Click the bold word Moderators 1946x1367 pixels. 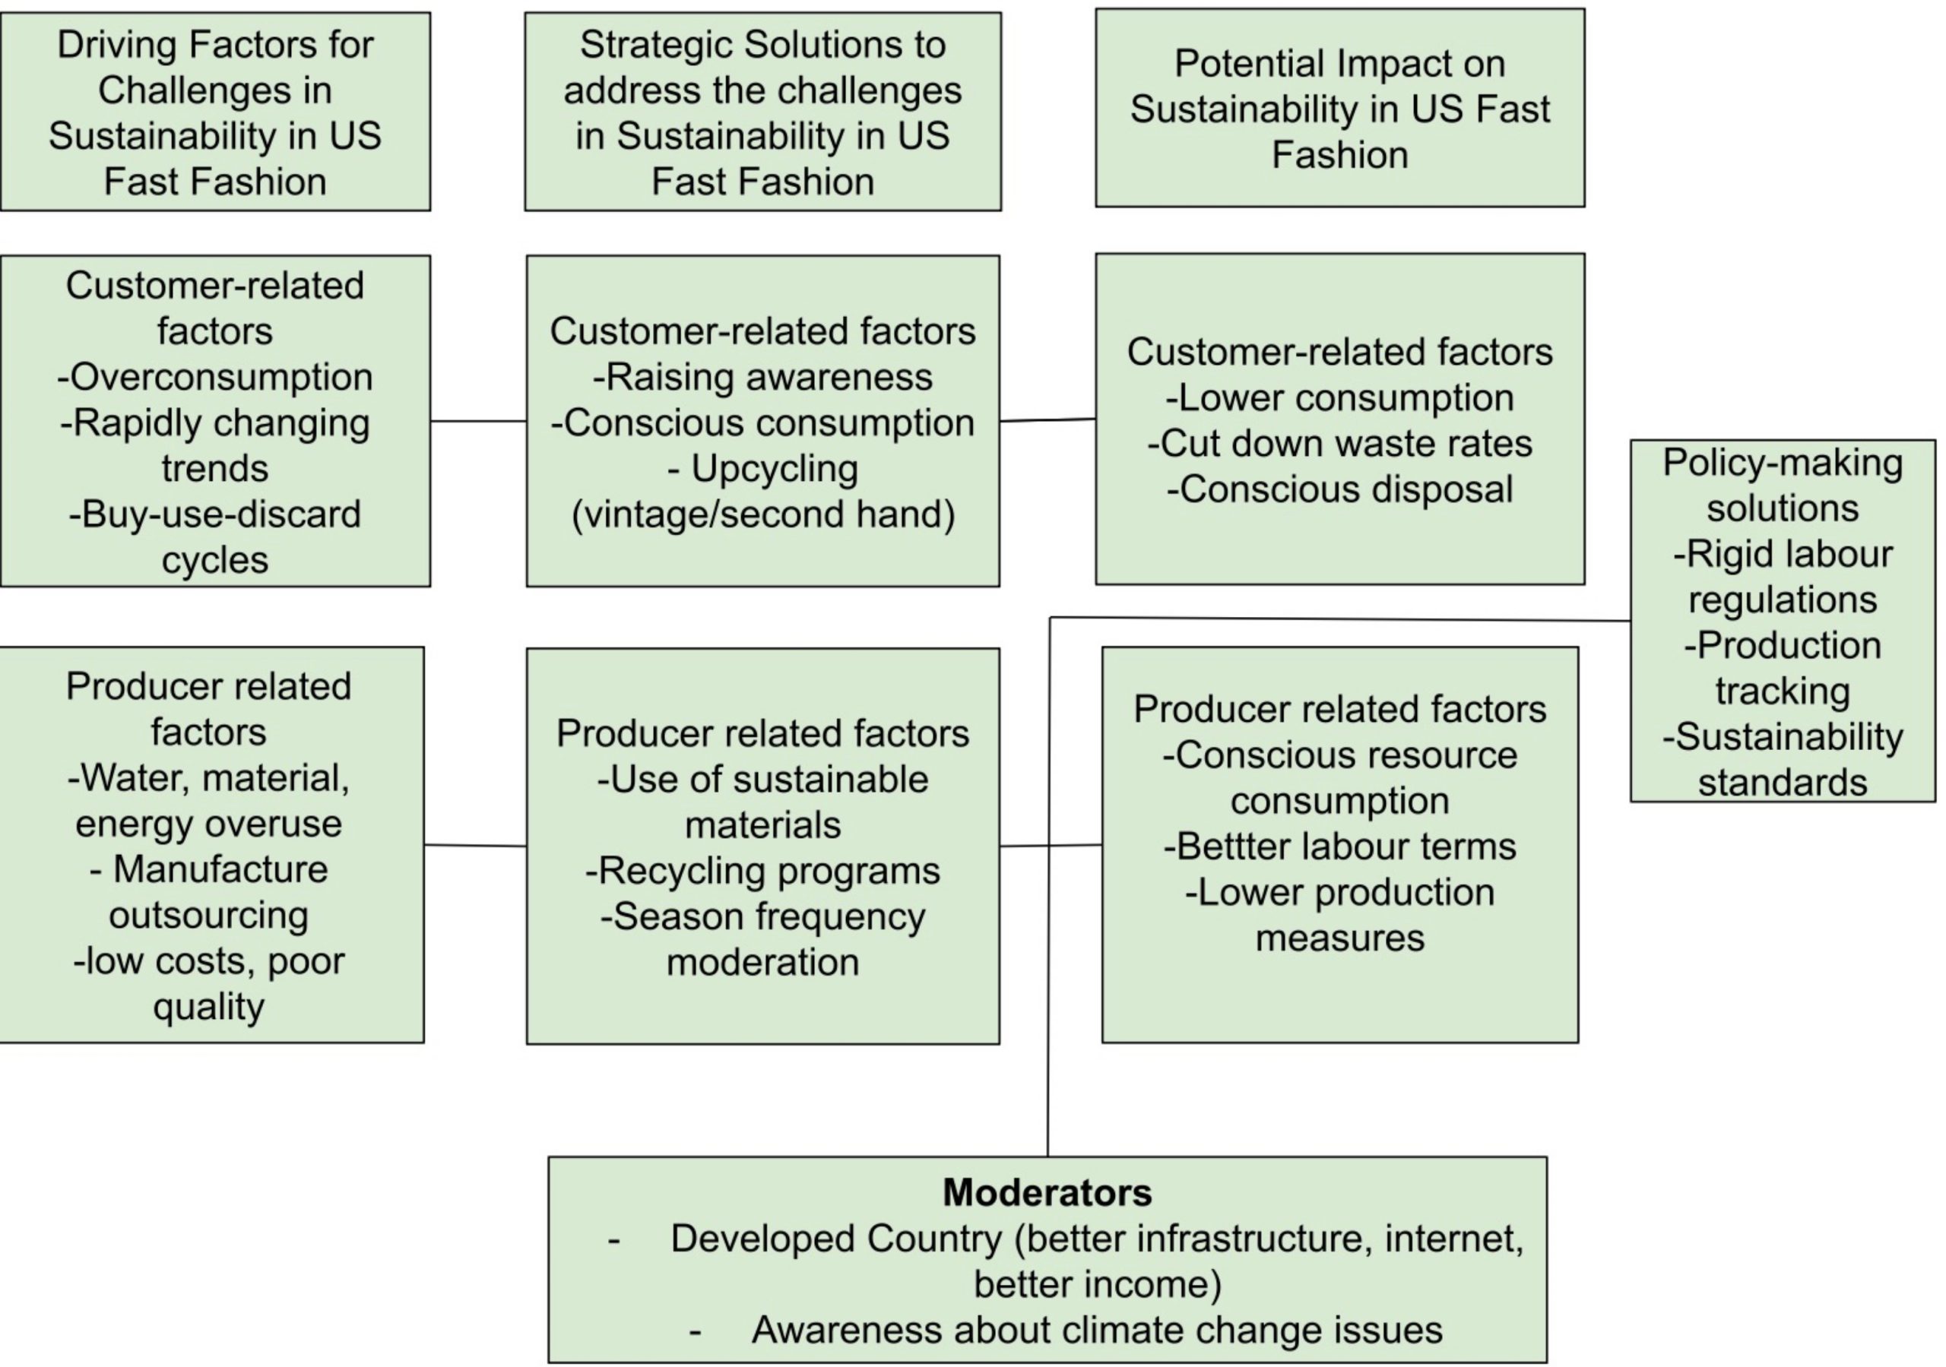tap(1047, 1192)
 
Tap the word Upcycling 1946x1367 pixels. tap(774, 469)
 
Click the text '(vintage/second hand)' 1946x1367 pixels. tap(762, 514)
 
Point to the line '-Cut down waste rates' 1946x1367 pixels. tap(1339, 443)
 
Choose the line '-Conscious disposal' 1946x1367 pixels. tap(1339, 489)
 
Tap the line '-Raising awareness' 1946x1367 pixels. tap(762, 377)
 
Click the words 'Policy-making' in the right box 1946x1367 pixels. tap(1783, 463)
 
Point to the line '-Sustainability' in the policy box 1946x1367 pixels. tap(1783, 736)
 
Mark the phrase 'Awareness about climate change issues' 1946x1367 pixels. tap(1097, 1330)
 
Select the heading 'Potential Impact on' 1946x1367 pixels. tap(1339, 64)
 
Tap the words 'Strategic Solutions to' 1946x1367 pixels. tap(762, 45)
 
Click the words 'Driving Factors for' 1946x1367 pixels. tap(215, 45)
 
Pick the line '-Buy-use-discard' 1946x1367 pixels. tap(215, 514)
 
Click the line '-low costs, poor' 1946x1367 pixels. tap(208, 961)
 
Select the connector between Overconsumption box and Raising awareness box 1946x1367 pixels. tap(478, 420)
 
